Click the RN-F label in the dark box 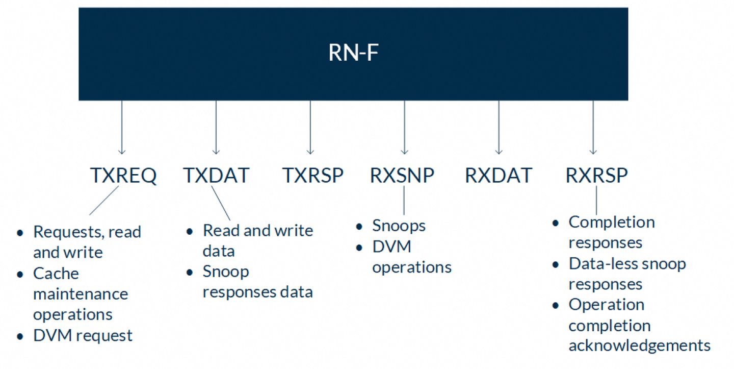pyautogui.click(x=353, y=53)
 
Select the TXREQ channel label pyautogui.click(x=123, y=176)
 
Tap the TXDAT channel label pyautogui.click(x=216, y=175)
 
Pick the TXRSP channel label pyautogui.click(x=313, y=175)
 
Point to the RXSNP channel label pyautogui.click(x=402, y=175)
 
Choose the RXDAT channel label pyautogui.click(x=499, y=175)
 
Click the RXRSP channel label pyautogui.click(x=596, y=175)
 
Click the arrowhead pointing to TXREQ pyautogui.click(x=122, y=152)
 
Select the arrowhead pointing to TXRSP pyautogui.click(x=310, y=152)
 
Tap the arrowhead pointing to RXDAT pyautogui.click(x=499, y=152)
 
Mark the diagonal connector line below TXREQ pyautogui.click(x=104, y=201)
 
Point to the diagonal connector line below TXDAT pyautogui.click(x=221, y=203)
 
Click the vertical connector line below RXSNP pyautogui.click(x=404, y=201)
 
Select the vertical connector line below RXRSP pyautogui.click(x=596, y=201)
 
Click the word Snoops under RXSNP pyautogui.click(x=399, y=226)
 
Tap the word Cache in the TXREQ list pyautogui.click(x=56, y=274)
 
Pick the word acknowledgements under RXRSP pyautogui.click(x=639, y=346)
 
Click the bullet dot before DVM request pyautogui.click(x=20, y=336)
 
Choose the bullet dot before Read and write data pyautogui.click(x=190, y=232)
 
